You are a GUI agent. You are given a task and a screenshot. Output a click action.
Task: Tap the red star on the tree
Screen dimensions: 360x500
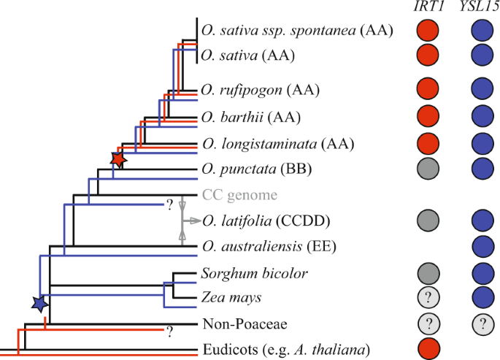118,158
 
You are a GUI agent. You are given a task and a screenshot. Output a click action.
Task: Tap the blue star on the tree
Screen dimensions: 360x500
40,302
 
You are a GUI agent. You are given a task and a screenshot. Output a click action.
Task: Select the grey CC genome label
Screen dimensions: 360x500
241,195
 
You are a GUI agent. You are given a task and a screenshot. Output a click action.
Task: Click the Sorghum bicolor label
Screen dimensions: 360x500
245,274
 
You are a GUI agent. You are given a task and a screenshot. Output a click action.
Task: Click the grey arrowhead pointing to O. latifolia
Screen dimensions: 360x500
195,220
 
